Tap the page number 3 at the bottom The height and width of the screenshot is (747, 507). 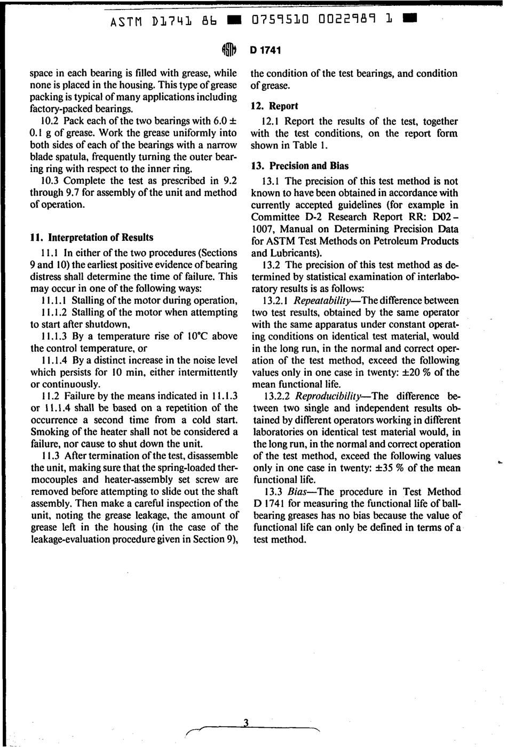[246, 722]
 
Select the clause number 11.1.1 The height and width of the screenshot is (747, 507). [54, 301]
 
